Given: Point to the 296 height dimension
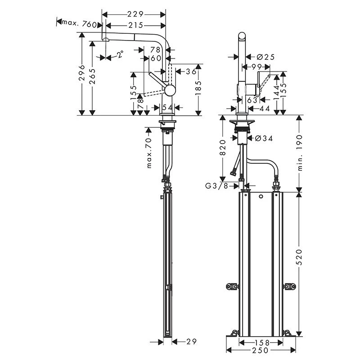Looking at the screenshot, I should point(81,73).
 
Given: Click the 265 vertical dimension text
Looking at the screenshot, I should point(93,76).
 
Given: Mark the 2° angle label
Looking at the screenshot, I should point(120,55).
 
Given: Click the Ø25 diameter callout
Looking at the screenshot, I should point(265,57).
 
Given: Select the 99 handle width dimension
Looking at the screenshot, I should point(257,67).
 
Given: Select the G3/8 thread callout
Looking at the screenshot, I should point(216,185).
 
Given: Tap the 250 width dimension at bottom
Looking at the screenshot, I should point(261,350).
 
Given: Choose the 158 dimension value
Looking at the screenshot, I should point(261,342).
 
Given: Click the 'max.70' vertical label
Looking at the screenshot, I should point(149,153).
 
